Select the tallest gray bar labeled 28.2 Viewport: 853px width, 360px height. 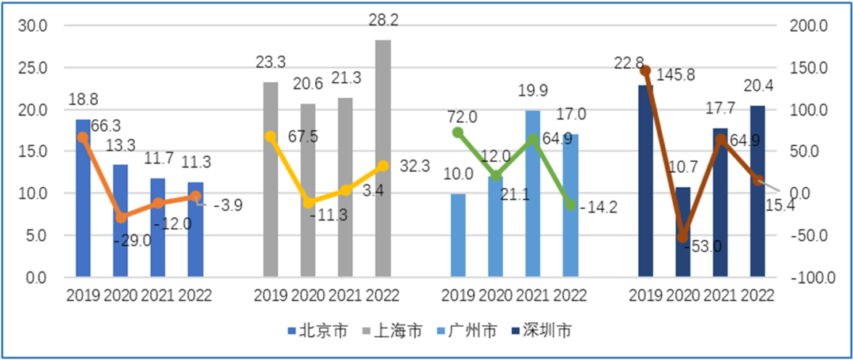(x=382, y=158)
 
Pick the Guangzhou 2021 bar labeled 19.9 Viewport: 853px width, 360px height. (x=533, y=193)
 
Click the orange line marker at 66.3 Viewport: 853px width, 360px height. (x=83, y=137)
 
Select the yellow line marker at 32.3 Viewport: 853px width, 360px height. (x=383, y=166)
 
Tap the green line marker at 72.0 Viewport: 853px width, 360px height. (x=458, y=133)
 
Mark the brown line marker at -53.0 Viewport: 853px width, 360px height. (x=682, y=238)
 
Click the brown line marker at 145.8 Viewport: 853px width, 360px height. (x=645, y=71)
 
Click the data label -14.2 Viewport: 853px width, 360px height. (x=598, y=208)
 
